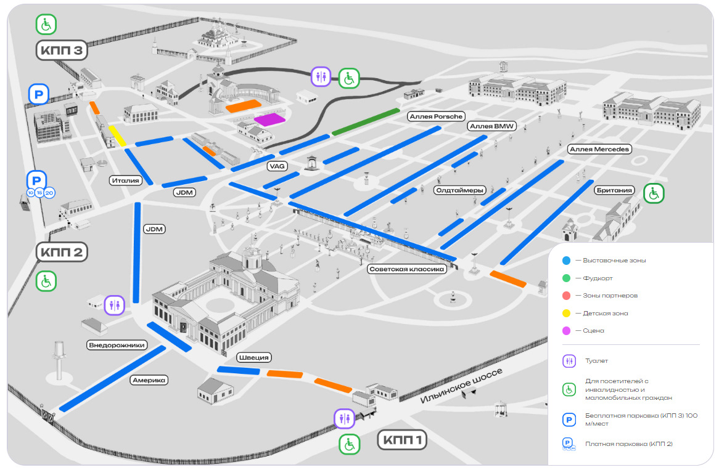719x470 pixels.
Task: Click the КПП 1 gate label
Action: pos(401,440)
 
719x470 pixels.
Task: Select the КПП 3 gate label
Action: pos(62,51)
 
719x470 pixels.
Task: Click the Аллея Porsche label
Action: pos(435,116)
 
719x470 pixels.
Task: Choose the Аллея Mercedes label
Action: pos(599,149)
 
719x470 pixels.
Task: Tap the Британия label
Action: pos(615,190)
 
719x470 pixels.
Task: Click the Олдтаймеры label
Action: pos(459,190)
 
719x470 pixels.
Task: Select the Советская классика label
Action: pos(406,269)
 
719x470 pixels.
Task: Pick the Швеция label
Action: pos(254,357)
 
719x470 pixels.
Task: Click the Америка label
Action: pos(149,380)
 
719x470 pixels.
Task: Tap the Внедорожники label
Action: pos(117,345)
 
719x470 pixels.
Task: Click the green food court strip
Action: pos(366,121)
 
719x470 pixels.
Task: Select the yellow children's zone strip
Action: pos(117,136)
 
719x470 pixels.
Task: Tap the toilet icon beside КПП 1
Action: pos(343,418)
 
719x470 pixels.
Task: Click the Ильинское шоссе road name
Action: pos(462,386)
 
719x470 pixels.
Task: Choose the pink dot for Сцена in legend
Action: pos(566,331)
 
